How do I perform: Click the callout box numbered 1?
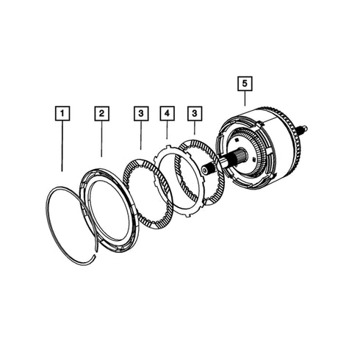click(x=62, y=113)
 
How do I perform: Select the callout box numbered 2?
click(x=101, y=113)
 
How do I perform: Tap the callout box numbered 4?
click(x=167, y=113)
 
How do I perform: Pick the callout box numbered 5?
click(x=245, y=84)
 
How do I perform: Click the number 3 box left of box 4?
click(x=141, y=113)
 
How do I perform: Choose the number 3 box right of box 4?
click(x=195, y=113)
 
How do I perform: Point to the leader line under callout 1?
click(x=62, y=146)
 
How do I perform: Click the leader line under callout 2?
click(x=101, y=139)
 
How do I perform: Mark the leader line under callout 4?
click(x=167, y=129)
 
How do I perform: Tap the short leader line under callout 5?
click(x=245, y=98)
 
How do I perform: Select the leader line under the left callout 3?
click(x=141, y=135)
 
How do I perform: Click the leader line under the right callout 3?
click(x=195, y=128)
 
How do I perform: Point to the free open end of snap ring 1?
click(x=94, y=256)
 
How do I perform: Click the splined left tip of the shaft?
click(x=204, y=170)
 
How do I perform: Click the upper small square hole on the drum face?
click(x=237, y=140)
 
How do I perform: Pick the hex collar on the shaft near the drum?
click(x=222, y=163)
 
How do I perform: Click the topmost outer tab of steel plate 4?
click(x=168, y=148)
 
